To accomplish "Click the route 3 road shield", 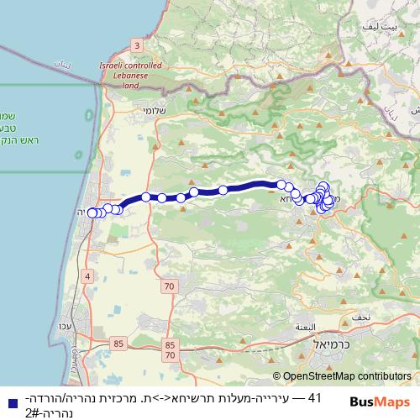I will coord(136,45).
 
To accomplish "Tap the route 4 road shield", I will coord(87,276).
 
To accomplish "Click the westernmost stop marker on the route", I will coord(92,213).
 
